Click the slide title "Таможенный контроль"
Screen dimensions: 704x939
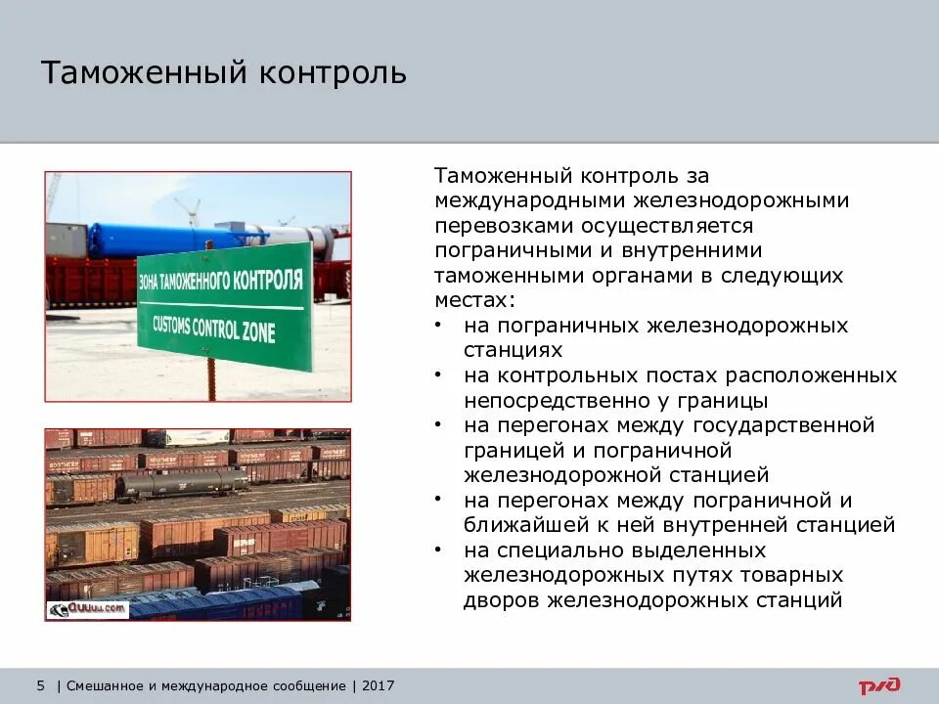pyautogui.click(x=223, y=73)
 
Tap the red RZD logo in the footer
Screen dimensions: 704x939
pyautogui.click(x=879, y=685)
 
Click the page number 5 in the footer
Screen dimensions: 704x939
pyautogui.click(x=41, y=685)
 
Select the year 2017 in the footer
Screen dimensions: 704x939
pyautogui.click(x=378, y=685)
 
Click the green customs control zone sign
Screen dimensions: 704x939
pyautogui.click(x=225, y=305)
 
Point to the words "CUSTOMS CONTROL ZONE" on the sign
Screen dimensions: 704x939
pyautogui.click(x=214, y=327)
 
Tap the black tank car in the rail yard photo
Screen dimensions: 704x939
pyautogui.click(x=185, y=482)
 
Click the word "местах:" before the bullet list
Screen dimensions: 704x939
pyautogui.click(x=472, y=300)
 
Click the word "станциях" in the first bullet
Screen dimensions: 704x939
pyautogui.click(x=513, y=350)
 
